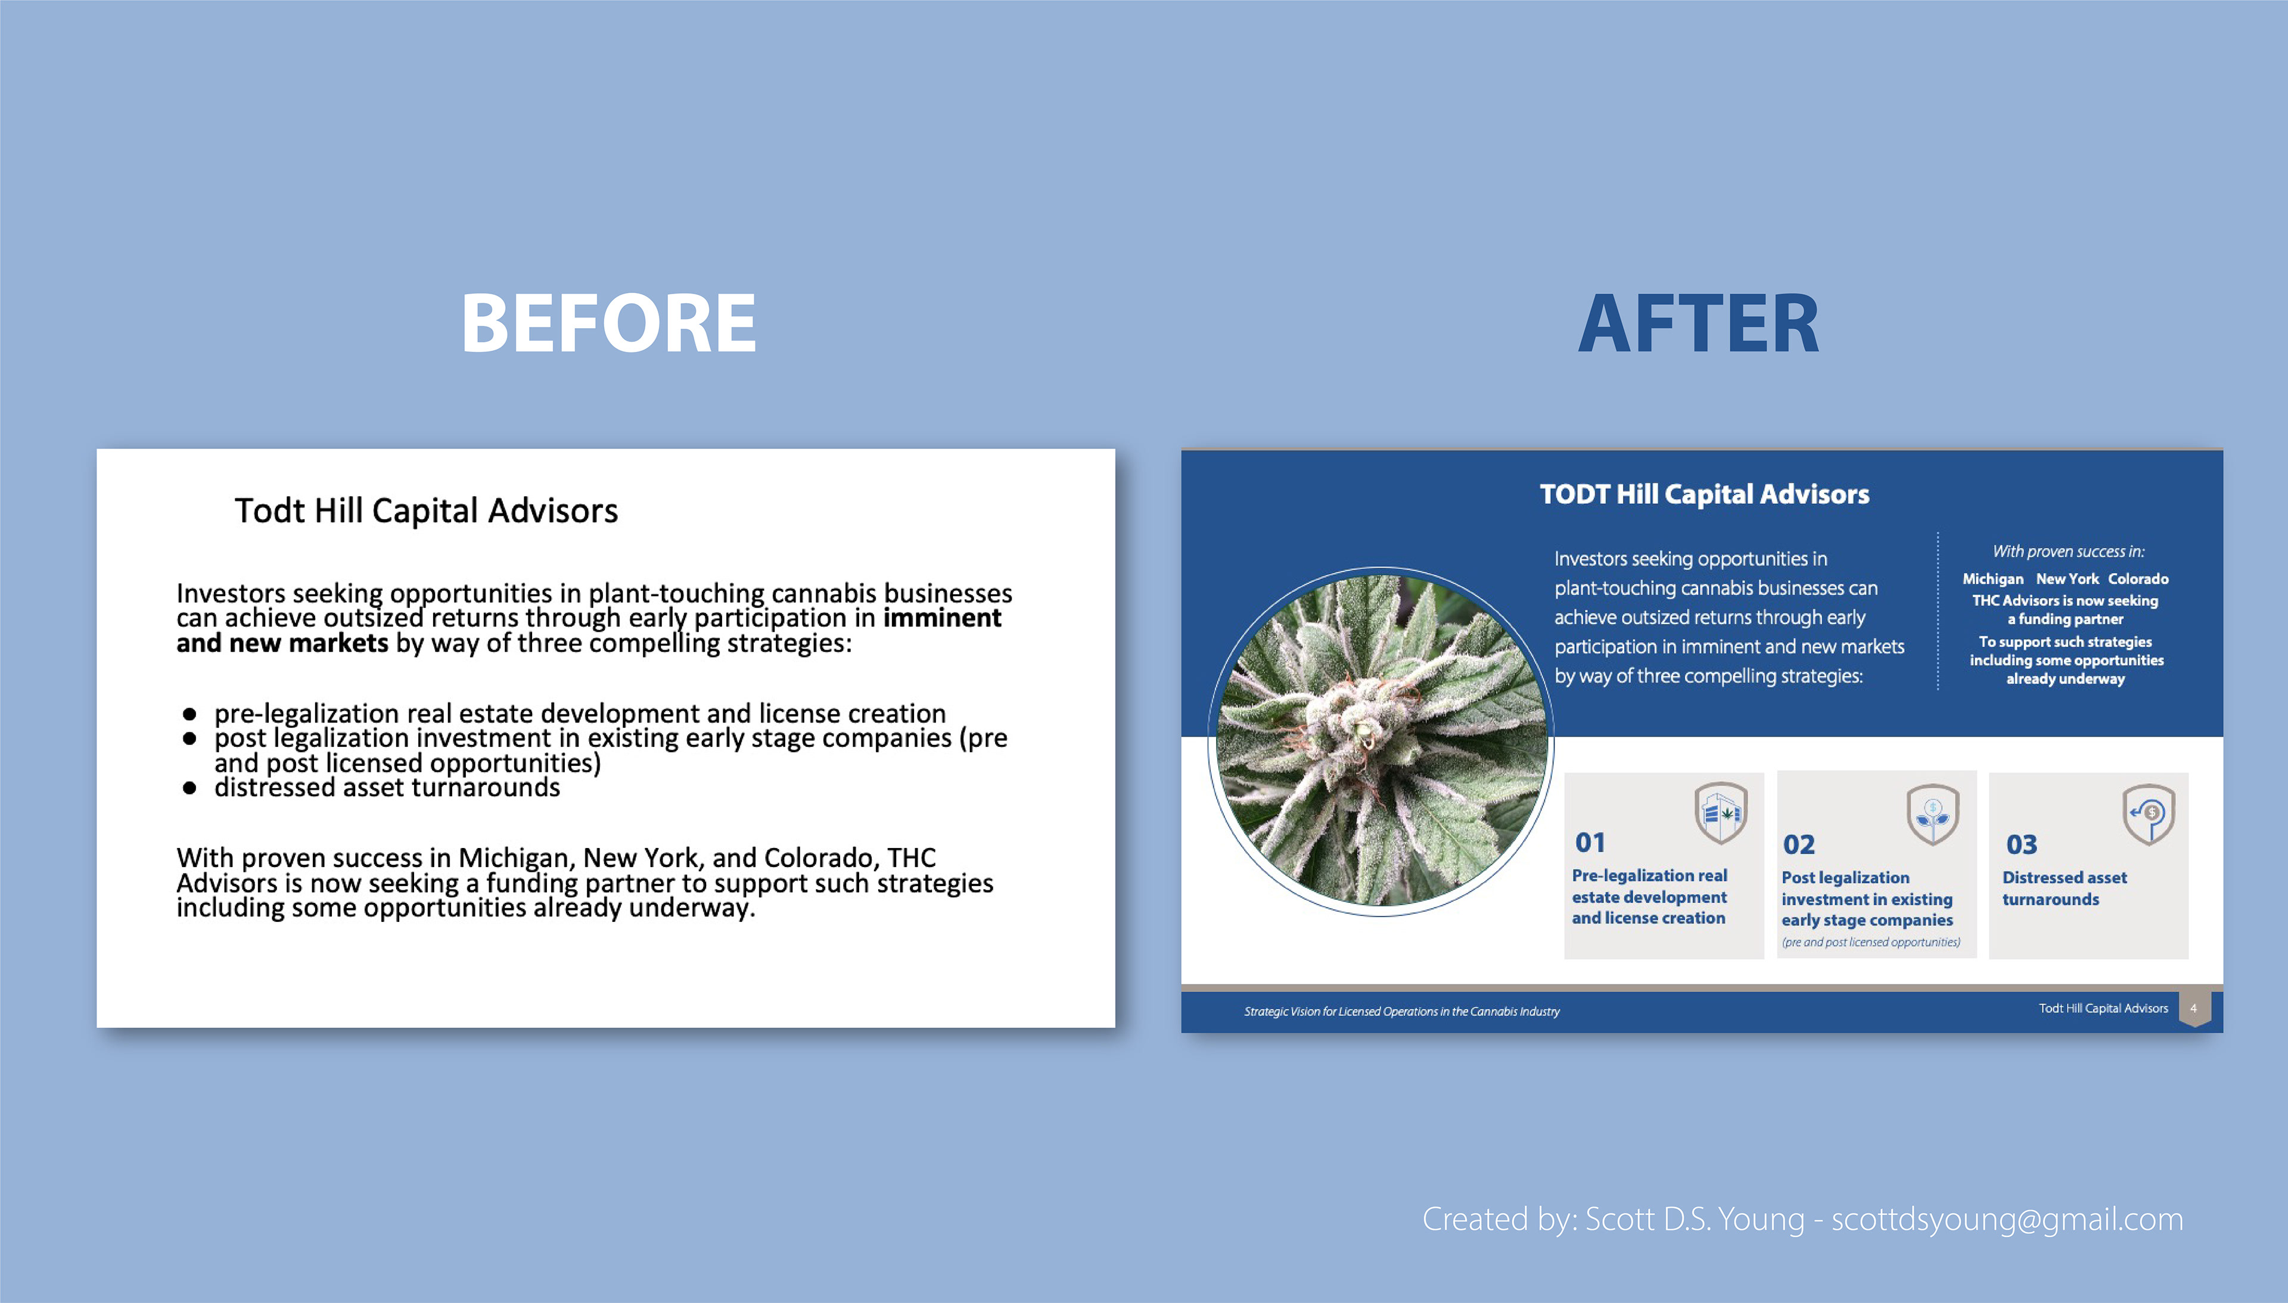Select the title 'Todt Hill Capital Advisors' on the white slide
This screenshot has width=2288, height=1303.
pyautogui.click(x=426, y=511)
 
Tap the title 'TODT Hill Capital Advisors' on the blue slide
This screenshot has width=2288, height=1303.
pyautogui.click(x=1704, y=494)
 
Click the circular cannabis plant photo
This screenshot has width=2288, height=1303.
pyautogui.click(x=1381, y=741)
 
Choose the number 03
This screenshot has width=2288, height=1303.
pyautogui.click(x=2021, y=844)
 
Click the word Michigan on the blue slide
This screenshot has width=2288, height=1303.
pyautogui.click(x=1992, y=579)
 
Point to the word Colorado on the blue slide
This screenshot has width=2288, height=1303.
pyautogui.click(x=2138, y=579)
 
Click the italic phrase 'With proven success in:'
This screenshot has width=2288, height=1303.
pyautogui.click(x=2068, y=551)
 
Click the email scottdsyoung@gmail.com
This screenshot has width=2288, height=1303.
pyautogui.click(x=2007, y=1220)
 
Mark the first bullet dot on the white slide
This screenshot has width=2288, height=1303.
pyautogui.click(x=189, y=714)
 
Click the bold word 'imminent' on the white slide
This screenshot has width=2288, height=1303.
pyautogui.click(x=941, y=618)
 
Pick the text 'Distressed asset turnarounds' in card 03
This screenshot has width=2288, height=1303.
pyautogui.click(x=2064, y=888)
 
